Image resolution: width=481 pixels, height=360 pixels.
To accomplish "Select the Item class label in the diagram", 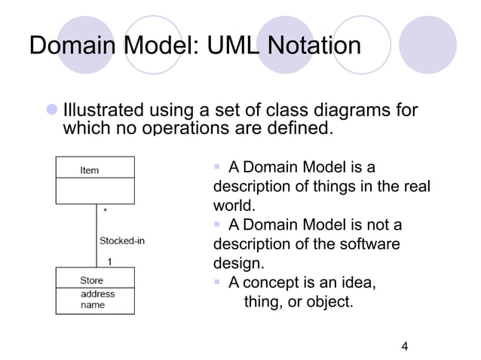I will click(x=89, y=170).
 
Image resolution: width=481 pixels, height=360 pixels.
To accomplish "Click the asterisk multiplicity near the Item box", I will click(x=105, y=212).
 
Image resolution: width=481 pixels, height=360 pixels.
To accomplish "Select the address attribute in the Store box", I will click(x=97, y=293).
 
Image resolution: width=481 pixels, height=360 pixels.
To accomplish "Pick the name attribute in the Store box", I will click(x=93, y=304).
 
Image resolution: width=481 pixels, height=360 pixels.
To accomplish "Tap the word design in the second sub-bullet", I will click(x=237, y=264).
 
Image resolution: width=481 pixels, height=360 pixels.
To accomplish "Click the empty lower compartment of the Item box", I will click(x=94, y=191).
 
